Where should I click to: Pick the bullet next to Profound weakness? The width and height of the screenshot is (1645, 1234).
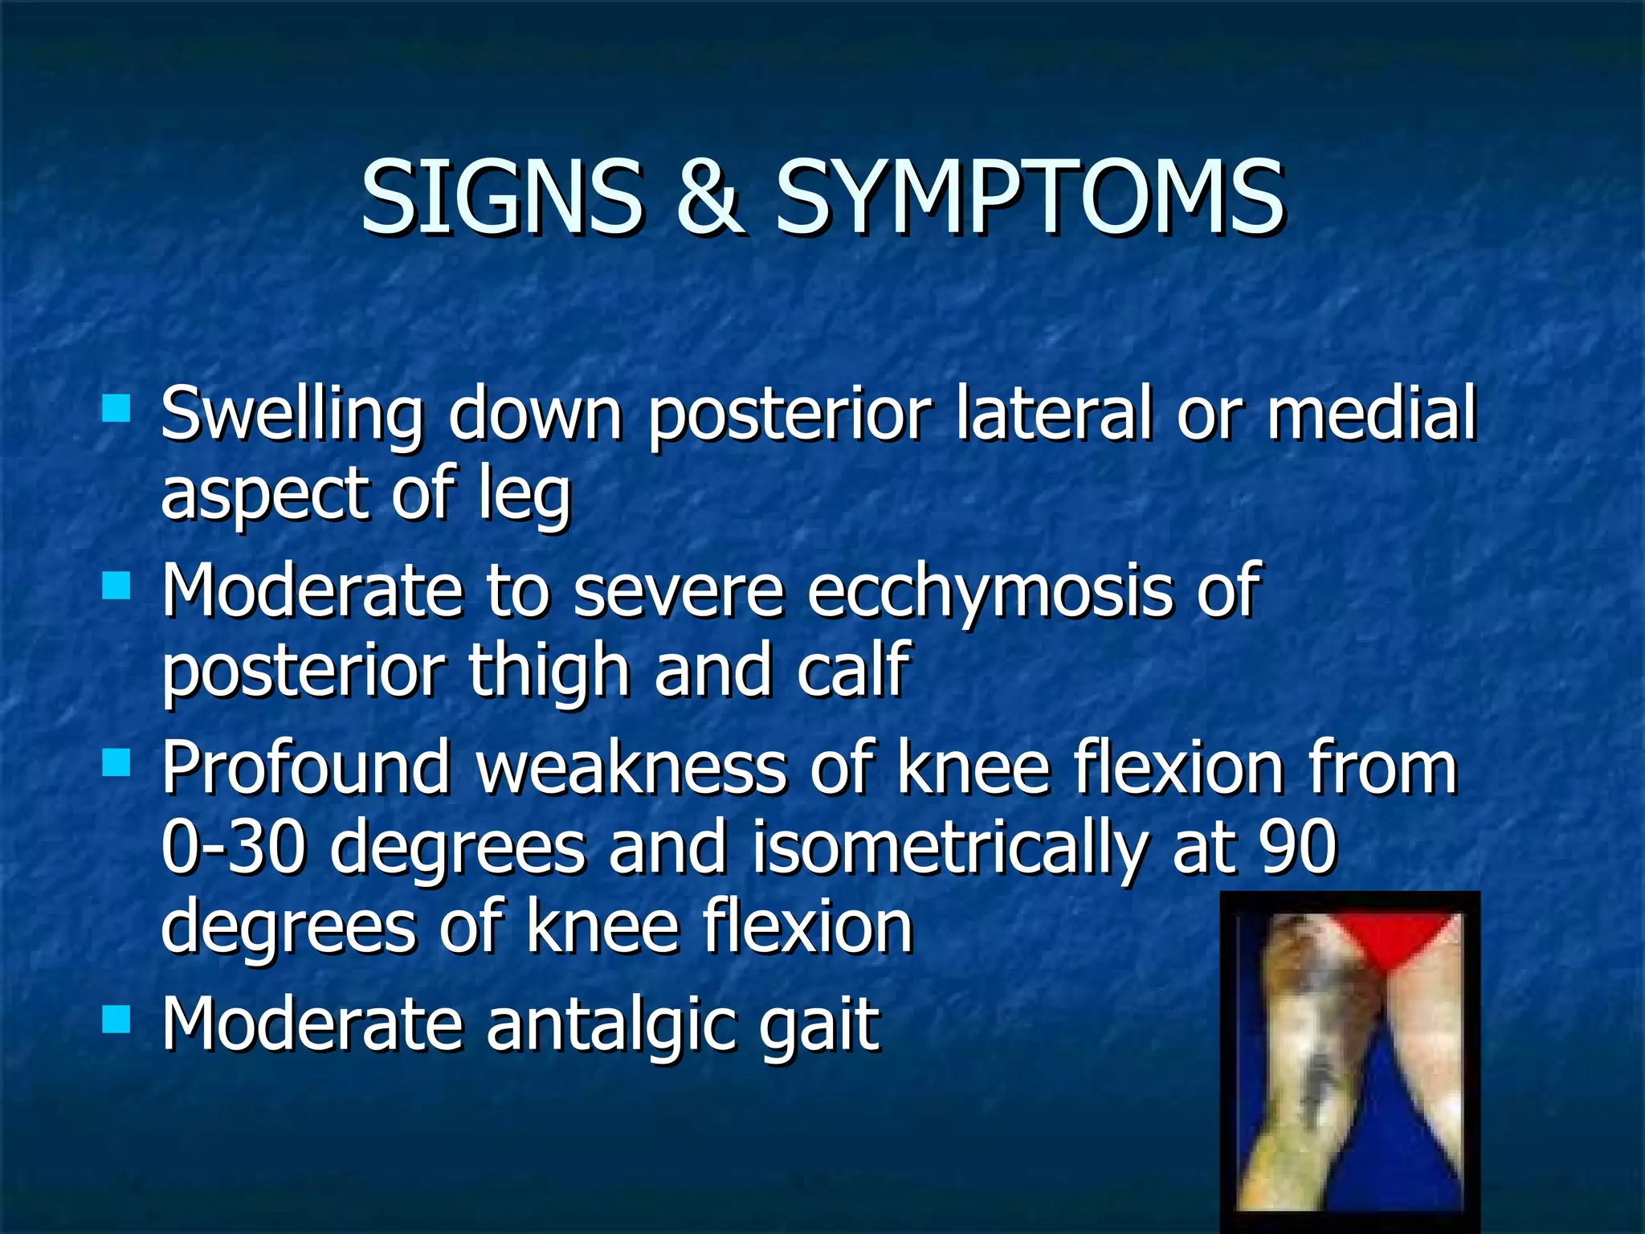click(116, 762)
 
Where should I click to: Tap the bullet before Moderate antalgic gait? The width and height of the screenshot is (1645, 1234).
click(116, 1020)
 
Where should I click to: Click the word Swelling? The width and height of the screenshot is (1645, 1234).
click(292, 415)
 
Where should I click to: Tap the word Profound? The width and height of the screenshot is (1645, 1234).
click(306, 767)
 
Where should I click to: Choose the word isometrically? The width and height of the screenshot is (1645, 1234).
click(949, 850)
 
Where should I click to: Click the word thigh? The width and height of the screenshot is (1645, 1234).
click(549, 672)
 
